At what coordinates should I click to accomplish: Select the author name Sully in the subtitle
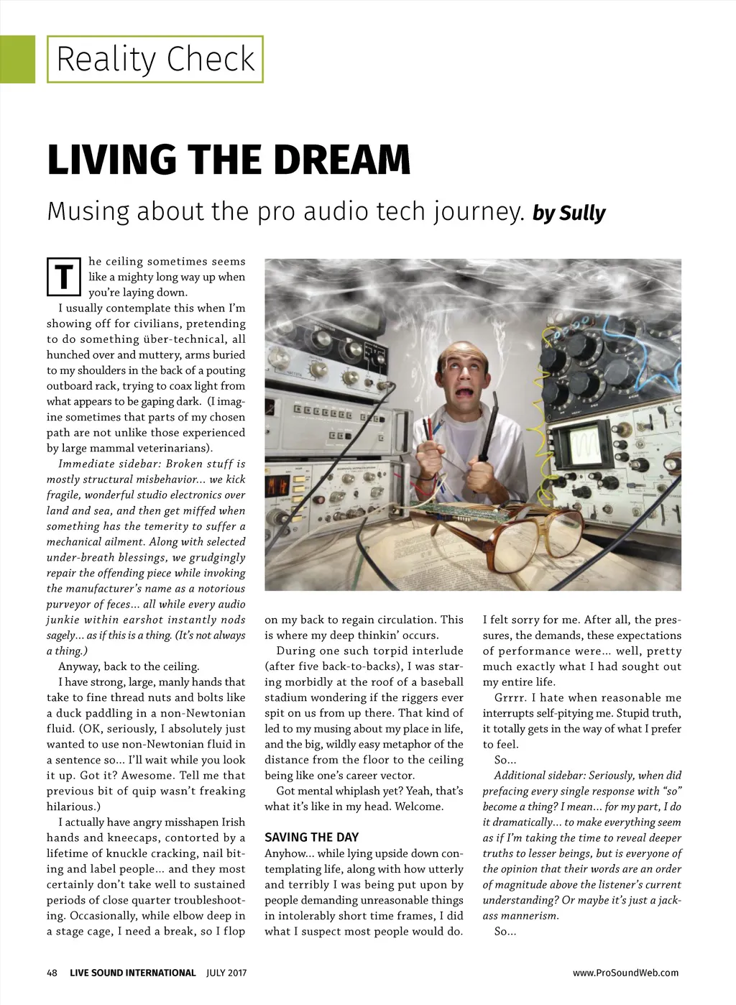[x=582, y=214]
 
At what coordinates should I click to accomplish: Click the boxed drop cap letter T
[x=64, y=277]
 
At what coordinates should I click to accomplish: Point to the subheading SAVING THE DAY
[x=311, y=837]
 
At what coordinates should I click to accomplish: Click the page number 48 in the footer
[x=52, y=973]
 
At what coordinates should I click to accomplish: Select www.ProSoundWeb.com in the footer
[x=625, y=973]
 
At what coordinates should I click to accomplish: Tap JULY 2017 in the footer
[x=226, y=973]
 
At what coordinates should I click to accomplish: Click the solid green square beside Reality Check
[x=17, y=59]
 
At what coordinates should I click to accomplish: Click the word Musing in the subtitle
[x=88, y=212]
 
